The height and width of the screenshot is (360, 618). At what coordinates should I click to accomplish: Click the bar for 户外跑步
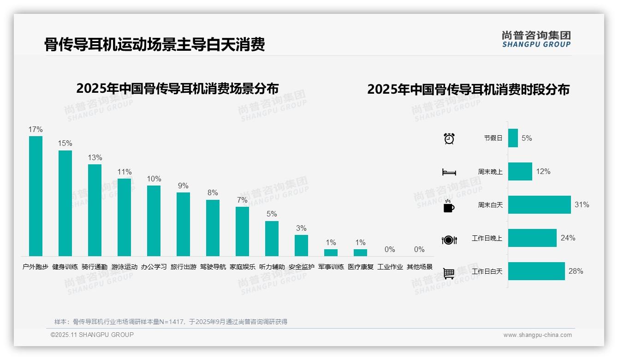coord(36,196)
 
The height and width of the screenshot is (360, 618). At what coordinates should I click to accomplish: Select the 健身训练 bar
coord(65,203)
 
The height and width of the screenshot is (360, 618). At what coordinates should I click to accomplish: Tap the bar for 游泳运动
coord(124,217)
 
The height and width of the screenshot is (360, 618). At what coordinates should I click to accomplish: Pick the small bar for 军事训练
coord(331,252)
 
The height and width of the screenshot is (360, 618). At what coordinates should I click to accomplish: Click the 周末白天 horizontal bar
coord(539,204)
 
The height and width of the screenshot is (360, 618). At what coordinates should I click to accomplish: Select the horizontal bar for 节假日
coord(513,138)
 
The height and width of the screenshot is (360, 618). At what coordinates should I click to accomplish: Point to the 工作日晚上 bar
coord(532,238)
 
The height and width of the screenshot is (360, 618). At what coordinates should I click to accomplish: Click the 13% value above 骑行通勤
coord(95,157)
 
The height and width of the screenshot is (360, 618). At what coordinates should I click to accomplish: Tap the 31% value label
coord(582,204)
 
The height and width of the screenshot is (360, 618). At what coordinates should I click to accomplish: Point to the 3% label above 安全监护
coord(301,228)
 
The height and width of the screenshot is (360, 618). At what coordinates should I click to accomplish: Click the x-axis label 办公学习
coord(154,267)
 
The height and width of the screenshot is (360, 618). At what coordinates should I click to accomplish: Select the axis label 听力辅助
coord(272,267)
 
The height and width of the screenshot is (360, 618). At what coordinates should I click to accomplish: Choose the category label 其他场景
coord(419,267)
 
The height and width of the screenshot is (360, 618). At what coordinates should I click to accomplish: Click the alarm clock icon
coord(449,138)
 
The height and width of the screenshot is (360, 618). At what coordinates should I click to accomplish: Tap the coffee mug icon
coord(448,206)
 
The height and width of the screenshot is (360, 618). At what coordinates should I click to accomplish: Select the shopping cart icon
coord(449,273)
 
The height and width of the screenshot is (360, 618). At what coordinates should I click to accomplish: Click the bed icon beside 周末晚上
coord(449,172)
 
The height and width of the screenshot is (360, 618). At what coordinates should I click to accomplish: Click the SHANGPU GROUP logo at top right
coord(536,39)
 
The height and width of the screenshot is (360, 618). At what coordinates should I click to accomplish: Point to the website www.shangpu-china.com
coord(537,335)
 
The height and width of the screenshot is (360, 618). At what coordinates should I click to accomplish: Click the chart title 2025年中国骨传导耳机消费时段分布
coord(468,89)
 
